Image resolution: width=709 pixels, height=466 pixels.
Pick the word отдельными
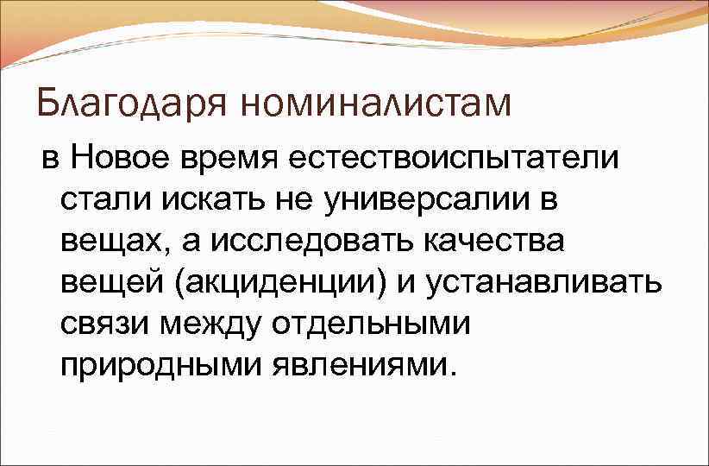point(373,324)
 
